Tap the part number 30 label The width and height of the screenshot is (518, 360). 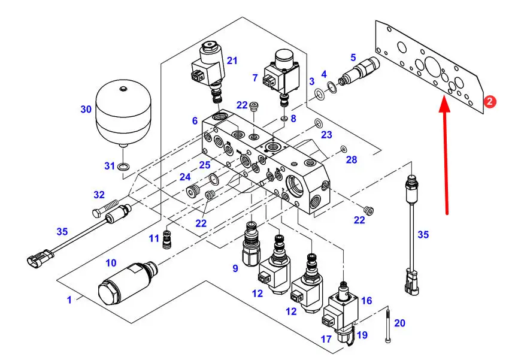pos(87,109)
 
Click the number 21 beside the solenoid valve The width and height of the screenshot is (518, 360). pos(232,60)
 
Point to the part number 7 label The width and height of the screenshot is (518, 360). pos(255,78)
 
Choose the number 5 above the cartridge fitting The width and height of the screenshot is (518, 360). pos(353,58)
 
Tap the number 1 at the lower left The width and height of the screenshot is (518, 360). pos(69,300)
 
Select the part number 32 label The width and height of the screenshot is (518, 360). pos(99,195)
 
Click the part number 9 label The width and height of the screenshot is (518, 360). pos(235,268)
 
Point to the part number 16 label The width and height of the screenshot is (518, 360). pos(366,300)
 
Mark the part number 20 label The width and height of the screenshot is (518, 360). pos(399,323)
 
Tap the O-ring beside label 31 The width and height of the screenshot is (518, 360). pos(123,166)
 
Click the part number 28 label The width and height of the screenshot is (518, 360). pos(351,160)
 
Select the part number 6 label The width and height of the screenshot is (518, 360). pos(195,120)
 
